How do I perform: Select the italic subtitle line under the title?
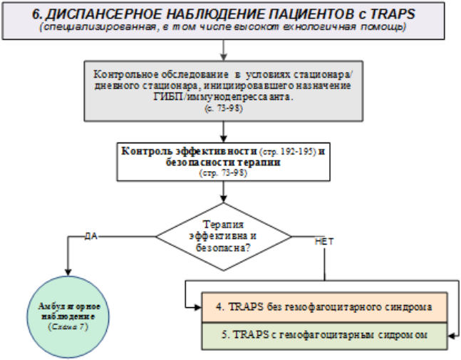(x=225, y=27)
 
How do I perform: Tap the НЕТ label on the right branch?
(x=323, y=242)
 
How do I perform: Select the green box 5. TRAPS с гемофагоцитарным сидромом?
(x=323, y=334)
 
